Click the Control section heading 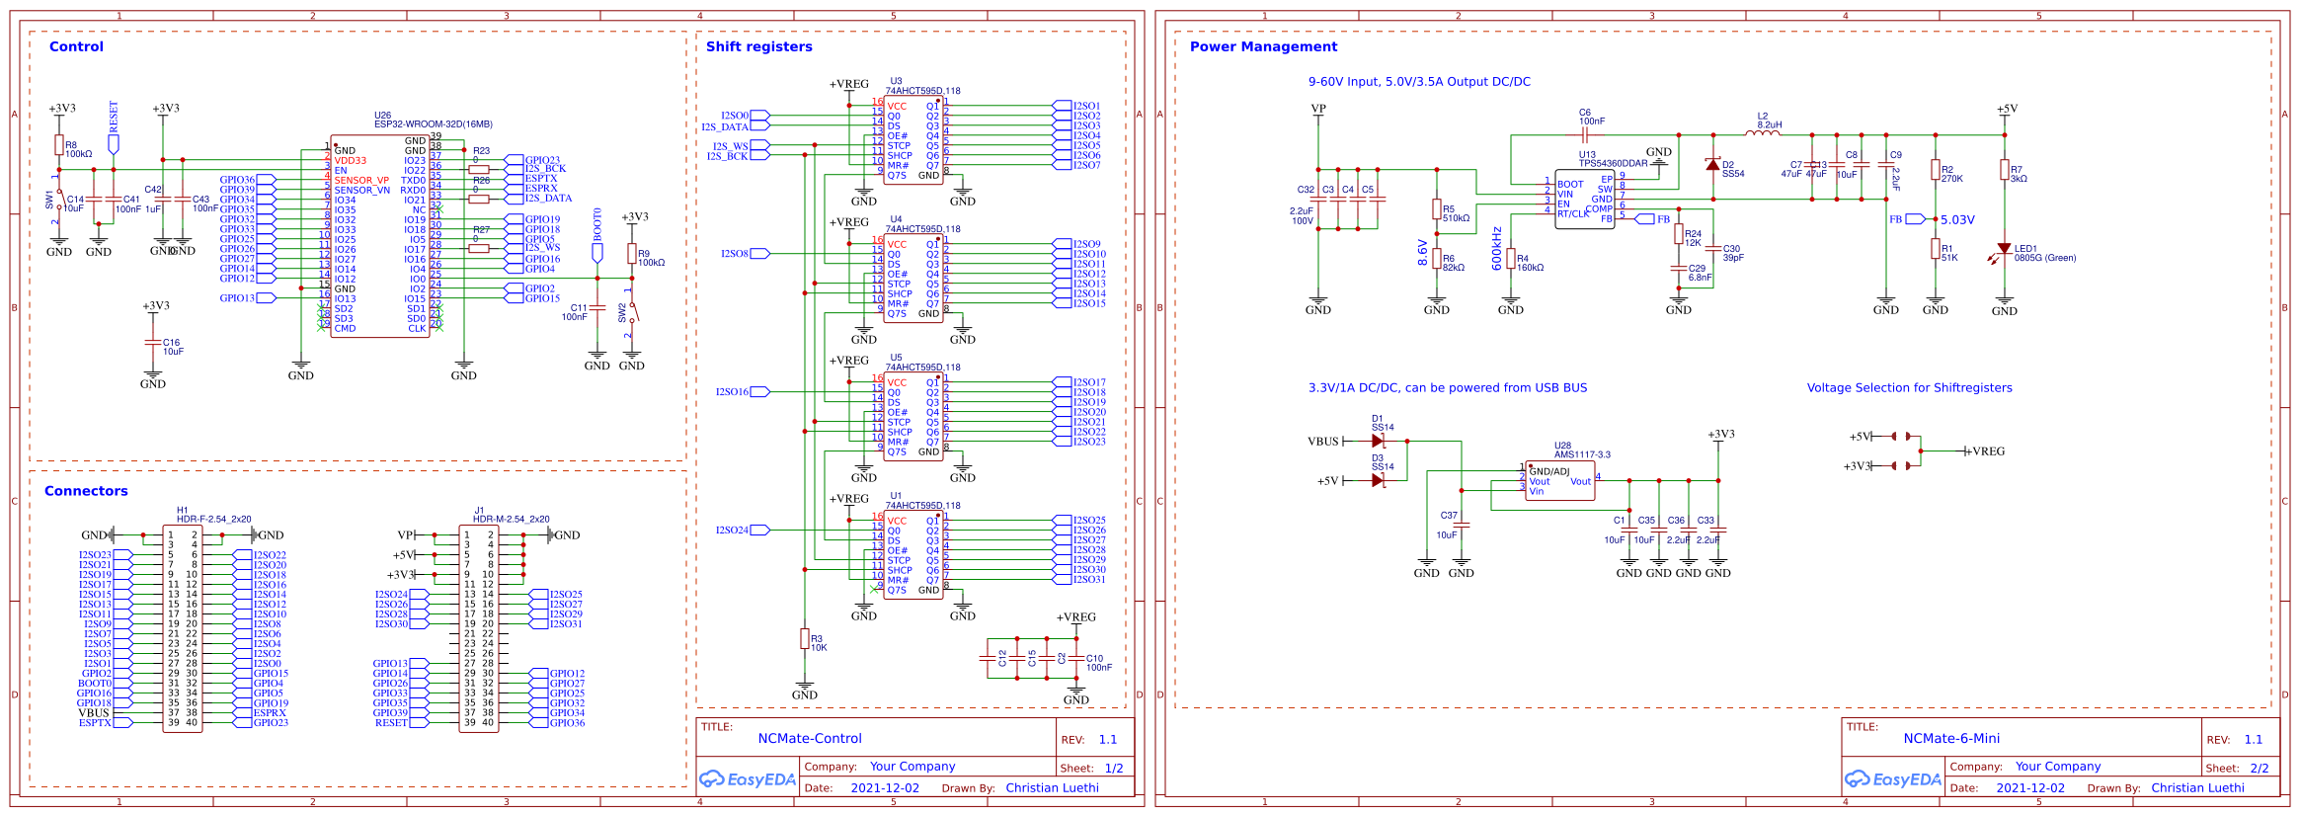click(x=76, y=46)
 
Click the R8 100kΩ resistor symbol click(x=59, y=145)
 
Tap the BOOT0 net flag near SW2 click(x=597, y=251)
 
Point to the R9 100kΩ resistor click(x=632, y=254)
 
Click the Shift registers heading click(x=758, y=46)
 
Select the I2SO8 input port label click(x=735, y=254)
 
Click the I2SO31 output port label click(x=1089, y=580)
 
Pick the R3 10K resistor click(x=805, y=639)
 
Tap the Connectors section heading click(x=86, y=491)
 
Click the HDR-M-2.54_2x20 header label click(x=511, y=519)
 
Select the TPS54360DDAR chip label click(x=1613, y=164)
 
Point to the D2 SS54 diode click(x=1713, y=165)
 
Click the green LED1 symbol click(x=2004, y=250)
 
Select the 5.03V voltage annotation click(x=1957, y=220)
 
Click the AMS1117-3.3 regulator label click(x=1582, y=455)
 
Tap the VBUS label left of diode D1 click(x=1323, y=442)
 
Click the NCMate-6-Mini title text click(x=1951, y=739)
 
